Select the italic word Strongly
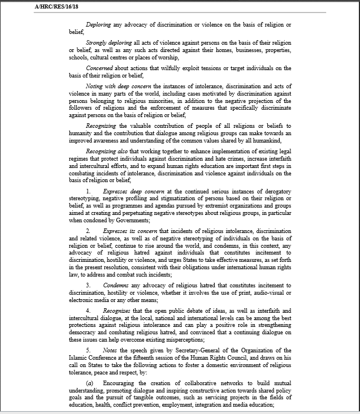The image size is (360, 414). pyautogui.click(x=97, y=42)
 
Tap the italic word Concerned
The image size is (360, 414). pyautogui.click(x=99, y=68)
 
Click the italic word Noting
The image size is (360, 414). pyautogui.click(x=96, y=85)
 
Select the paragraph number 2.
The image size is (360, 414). pyautogui.click(x=88, y=231)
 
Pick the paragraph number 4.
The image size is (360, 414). pyautogui.click(x=88, y=310)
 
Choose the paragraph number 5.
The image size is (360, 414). pyautogui.click(x=88, y=350)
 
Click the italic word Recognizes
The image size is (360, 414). pyautogui.click(x=118, y=310)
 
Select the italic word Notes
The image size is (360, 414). pyautogui.click(x=110, y=350)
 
